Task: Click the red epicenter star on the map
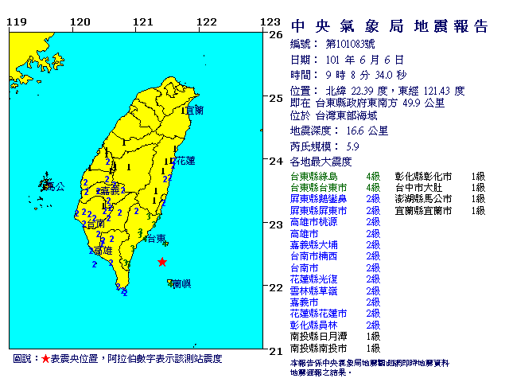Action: [162, 262]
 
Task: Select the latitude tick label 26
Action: [276, 35]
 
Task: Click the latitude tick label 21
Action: [276, 351]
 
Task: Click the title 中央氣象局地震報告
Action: [389, 26]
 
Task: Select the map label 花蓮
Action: [185, 160]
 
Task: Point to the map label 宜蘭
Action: [194, 109]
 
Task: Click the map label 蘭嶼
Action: [181, 283]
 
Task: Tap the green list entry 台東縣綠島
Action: [314, 176]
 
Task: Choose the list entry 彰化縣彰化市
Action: [424, 176]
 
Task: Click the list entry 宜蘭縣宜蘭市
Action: [424, 211]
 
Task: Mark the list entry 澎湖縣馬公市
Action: [424, 199]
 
